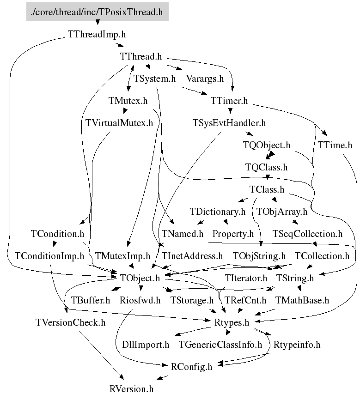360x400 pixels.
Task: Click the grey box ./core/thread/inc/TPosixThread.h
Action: click(x=97, y=12)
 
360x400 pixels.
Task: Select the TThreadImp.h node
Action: click(x=97, y=34)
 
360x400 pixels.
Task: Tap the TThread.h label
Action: click(x=140, y=57)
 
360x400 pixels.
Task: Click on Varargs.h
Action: click(x=204, y=79)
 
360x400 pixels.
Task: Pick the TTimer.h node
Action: click(x=229, y=101)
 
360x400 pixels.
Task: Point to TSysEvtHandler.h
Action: click(x=229, y=123)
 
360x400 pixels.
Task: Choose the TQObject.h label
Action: click(x=267, y=145)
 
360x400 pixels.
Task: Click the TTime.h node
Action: click(x=335, y=145)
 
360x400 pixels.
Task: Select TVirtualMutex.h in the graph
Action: click(x=119, y=123)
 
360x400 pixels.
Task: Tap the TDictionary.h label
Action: click(x=218, y=212)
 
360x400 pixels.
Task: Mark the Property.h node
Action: click(x=233, y=234)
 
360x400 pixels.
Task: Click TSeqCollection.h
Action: click(x=307, y=234)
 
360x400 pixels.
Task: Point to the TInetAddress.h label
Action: click(x=192, y=256)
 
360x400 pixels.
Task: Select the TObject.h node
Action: click(x=140, y=278)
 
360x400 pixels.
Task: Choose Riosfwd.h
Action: click(x=140, y=300)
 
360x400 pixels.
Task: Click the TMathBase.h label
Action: click(x=302, y=300)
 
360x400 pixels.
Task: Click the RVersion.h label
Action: click(x=131, y=389)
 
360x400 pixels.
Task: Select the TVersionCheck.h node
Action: click(x=70, y=322)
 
